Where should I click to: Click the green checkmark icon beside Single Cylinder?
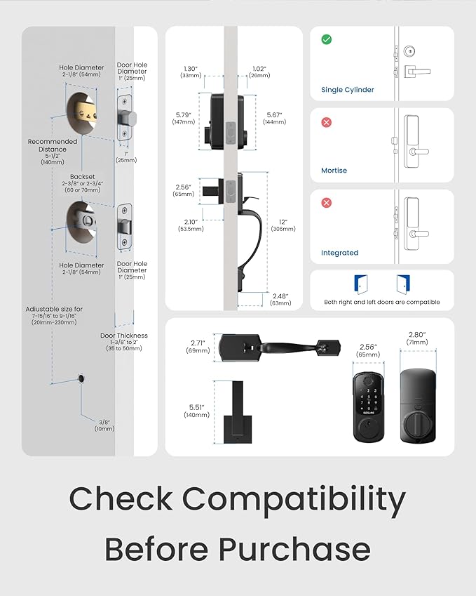tap(326, 39)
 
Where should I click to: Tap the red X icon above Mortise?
tap(326, 122)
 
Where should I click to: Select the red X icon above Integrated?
tap(326, 203)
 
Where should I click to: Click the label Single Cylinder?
tap(348, 90)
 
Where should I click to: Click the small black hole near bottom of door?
tap(83, 379)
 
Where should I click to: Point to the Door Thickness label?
tap(124, 336)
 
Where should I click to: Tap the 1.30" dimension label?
tap(191, 67)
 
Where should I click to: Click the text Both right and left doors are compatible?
tap(382, 302)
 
